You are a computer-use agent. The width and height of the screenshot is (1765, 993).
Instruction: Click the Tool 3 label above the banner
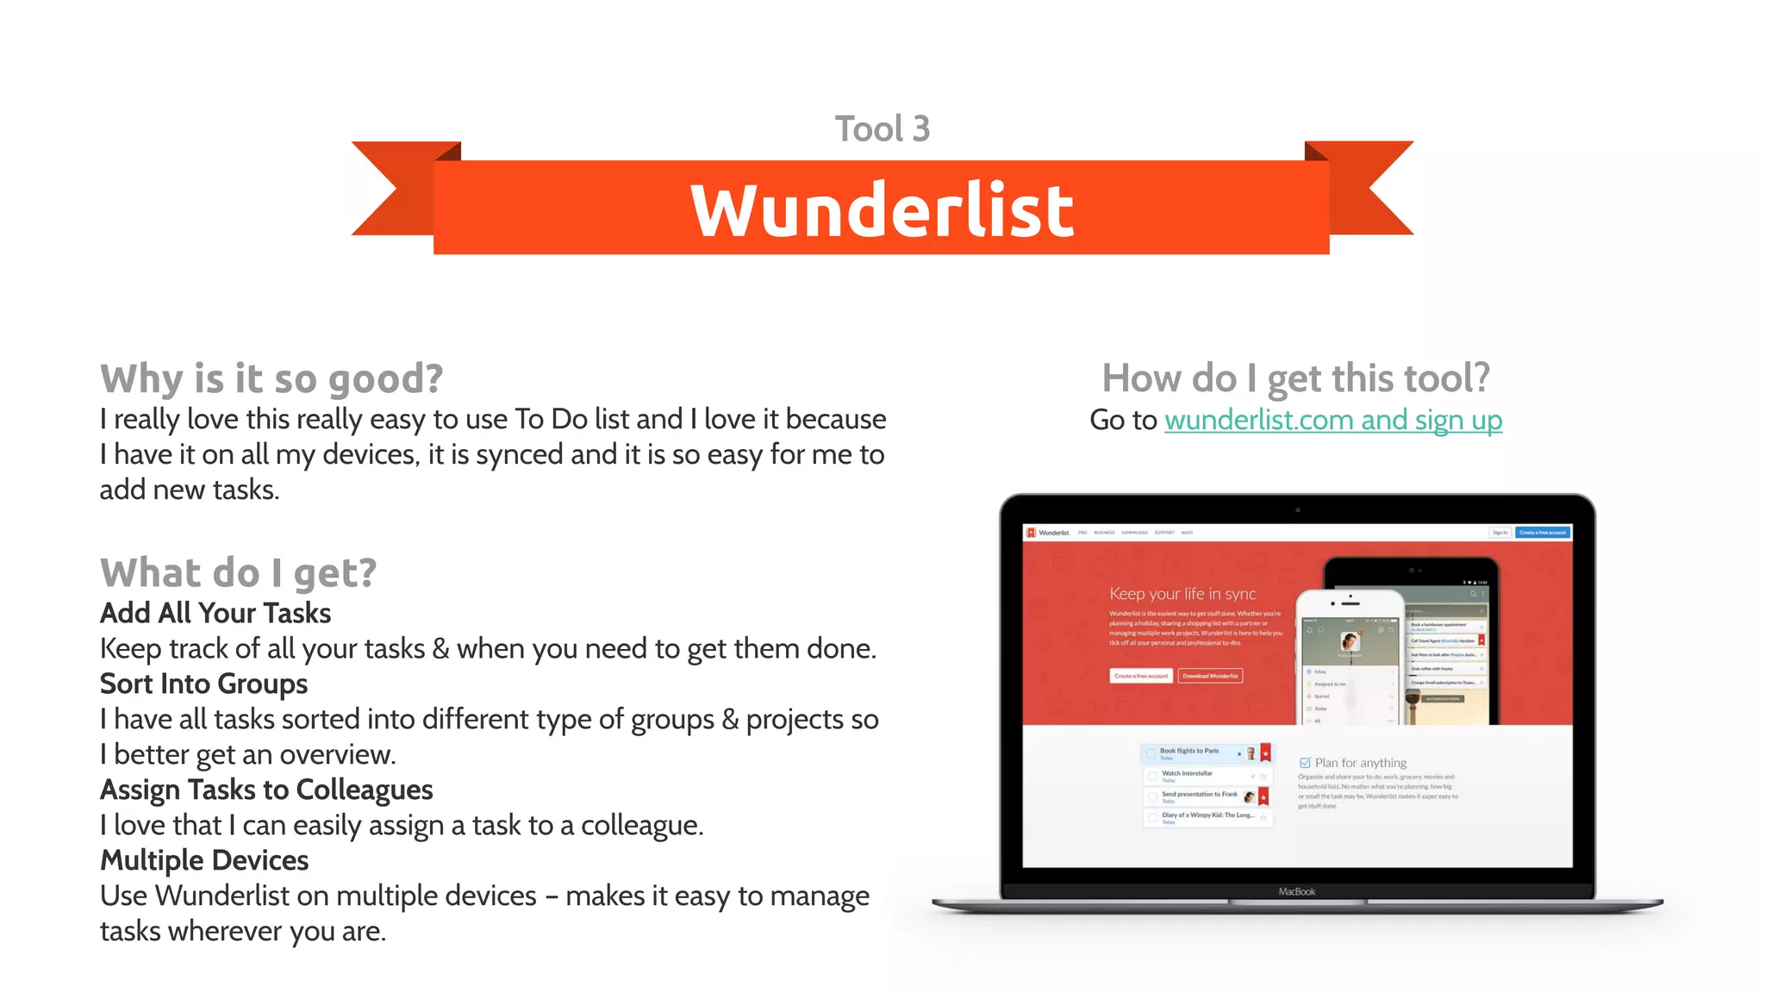882,129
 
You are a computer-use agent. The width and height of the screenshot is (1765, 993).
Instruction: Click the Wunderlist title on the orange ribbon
882,209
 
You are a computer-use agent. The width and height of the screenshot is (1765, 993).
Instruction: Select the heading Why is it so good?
271,378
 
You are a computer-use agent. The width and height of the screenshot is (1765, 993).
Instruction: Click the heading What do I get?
238,573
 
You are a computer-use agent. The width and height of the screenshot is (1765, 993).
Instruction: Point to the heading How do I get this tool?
1295,378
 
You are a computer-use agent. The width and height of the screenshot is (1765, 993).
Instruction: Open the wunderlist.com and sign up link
1332,421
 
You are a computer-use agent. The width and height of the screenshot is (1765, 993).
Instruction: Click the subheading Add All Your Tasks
215,613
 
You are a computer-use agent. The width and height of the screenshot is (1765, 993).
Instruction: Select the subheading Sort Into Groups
203,684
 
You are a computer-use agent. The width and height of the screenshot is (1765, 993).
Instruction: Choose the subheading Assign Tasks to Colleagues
266,790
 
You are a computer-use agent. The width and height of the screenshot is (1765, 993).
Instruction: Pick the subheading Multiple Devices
204,860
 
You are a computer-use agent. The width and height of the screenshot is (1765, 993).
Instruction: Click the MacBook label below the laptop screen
1296,891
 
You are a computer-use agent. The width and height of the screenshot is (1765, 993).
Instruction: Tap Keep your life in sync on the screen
1182,594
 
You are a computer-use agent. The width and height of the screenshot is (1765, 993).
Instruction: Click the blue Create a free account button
1543,533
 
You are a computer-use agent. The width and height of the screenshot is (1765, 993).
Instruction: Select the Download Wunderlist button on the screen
1210,676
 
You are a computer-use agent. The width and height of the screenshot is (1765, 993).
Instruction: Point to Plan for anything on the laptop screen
1360,763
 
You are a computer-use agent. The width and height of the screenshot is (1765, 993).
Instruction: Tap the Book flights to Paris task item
1189,752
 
